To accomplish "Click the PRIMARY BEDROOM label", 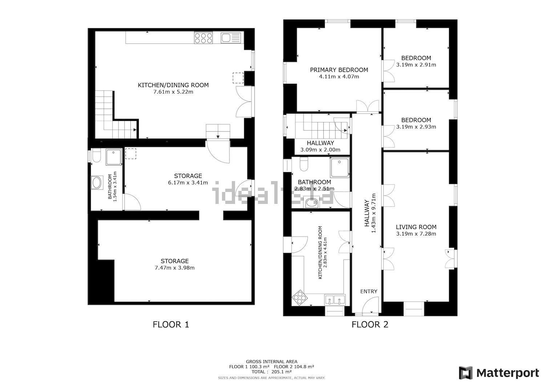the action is point(339,70).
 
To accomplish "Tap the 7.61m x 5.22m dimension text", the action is point(173,92).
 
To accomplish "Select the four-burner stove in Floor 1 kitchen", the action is point(203,38).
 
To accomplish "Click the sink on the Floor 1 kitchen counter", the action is point(231,38).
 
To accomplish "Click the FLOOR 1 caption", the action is point(171,324).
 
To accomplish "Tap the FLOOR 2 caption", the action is point(370,324).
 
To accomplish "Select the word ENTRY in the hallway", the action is point(369,291).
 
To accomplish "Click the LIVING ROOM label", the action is point(416,227).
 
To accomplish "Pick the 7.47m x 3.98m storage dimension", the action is point(175,268).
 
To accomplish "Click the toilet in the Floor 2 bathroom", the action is point(304,164).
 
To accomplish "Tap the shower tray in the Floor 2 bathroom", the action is point(340,168).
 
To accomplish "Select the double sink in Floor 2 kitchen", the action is point(335,300).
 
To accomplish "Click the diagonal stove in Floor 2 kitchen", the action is point(300,297).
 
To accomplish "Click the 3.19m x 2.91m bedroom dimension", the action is point(416,65).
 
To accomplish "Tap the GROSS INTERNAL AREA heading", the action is point(271,362).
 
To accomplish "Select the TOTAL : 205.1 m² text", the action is point(271,372).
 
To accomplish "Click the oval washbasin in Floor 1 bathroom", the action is point(97,183).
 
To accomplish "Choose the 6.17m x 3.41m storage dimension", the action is point(188,183).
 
